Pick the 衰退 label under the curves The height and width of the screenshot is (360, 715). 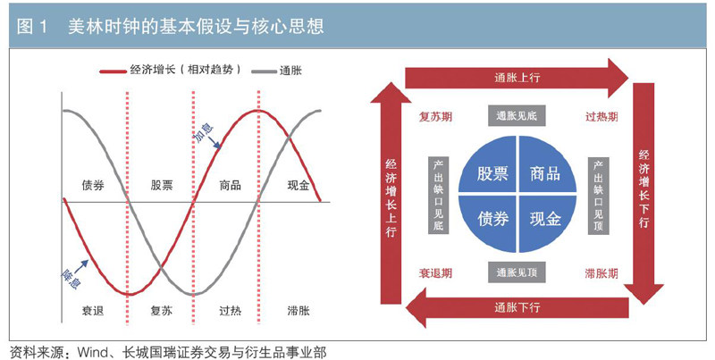coord(94,312)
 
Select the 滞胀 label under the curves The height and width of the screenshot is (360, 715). coord(299,312)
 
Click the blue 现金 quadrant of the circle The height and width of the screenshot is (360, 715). coord(545,218)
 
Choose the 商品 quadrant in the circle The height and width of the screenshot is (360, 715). coord(545,173)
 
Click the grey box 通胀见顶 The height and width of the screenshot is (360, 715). coord(517,272)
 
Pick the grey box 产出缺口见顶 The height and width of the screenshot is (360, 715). coord(598,196)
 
